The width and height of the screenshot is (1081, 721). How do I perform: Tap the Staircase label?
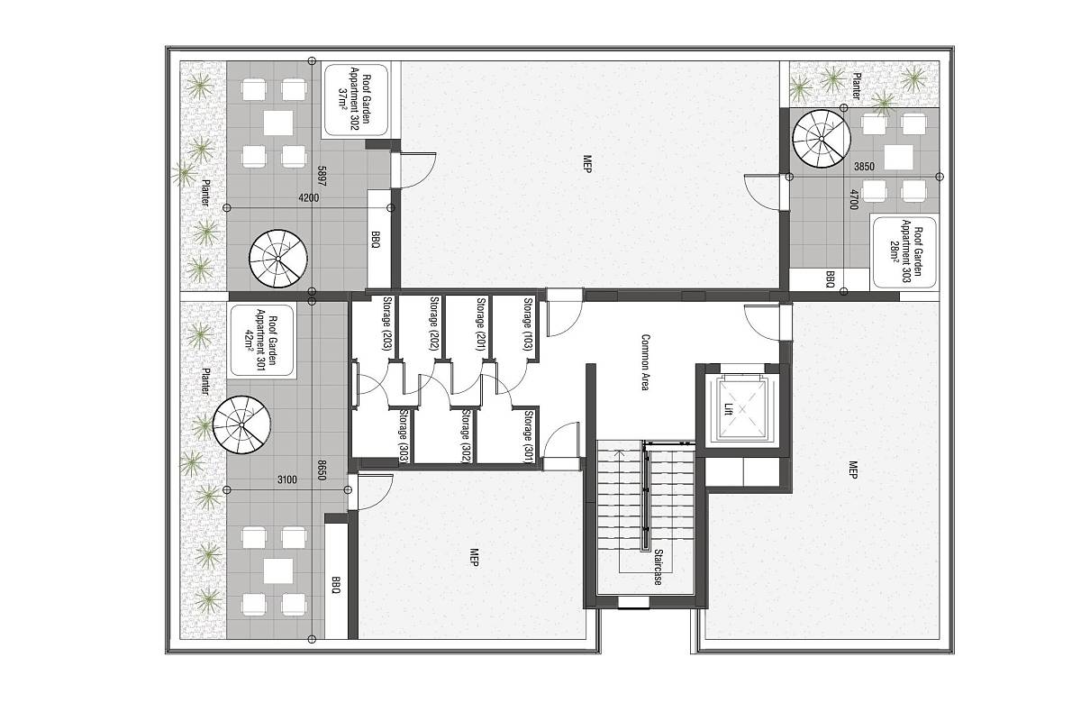tap(659, 568)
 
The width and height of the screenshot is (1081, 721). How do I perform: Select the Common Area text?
tap(645, 362)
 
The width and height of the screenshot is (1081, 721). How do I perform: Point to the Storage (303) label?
tap(404, 437)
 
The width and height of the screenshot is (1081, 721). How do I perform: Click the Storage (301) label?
tap(529, 437)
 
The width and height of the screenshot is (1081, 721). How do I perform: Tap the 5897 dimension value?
tap(322, 177)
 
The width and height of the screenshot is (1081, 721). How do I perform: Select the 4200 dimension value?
tap(309, 197)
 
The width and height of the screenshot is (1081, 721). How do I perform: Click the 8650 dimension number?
tap(322, 470)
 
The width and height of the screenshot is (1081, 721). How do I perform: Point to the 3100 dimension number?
tap(287, 479)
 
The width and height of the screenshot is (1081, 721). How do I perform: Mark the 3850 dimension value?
tap(864, 167)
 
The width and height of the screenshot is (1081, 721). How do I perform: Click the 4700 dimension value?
tap(854, 199)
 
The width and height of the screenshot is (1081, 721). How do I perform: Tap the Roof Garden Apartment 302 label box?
tap(356, 100)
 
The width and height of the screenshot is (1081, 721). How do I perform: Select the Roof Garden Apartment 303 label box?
tap(904, 252)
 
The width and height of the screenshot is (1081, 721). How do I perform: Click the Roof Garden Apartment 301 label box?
tap(262, 341)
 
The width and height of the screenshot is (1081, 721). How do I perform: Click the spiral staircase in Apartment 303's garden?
tap(822, 139)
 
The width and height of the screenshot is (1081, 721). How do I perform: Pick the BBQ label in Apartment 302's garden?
tap(376, 239)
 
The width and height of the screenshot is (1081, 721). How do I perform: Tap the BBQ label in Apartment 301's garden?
tap(336, 585)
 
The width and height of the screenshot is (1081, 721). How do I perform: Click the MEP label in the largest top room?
tap(587, 164)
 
